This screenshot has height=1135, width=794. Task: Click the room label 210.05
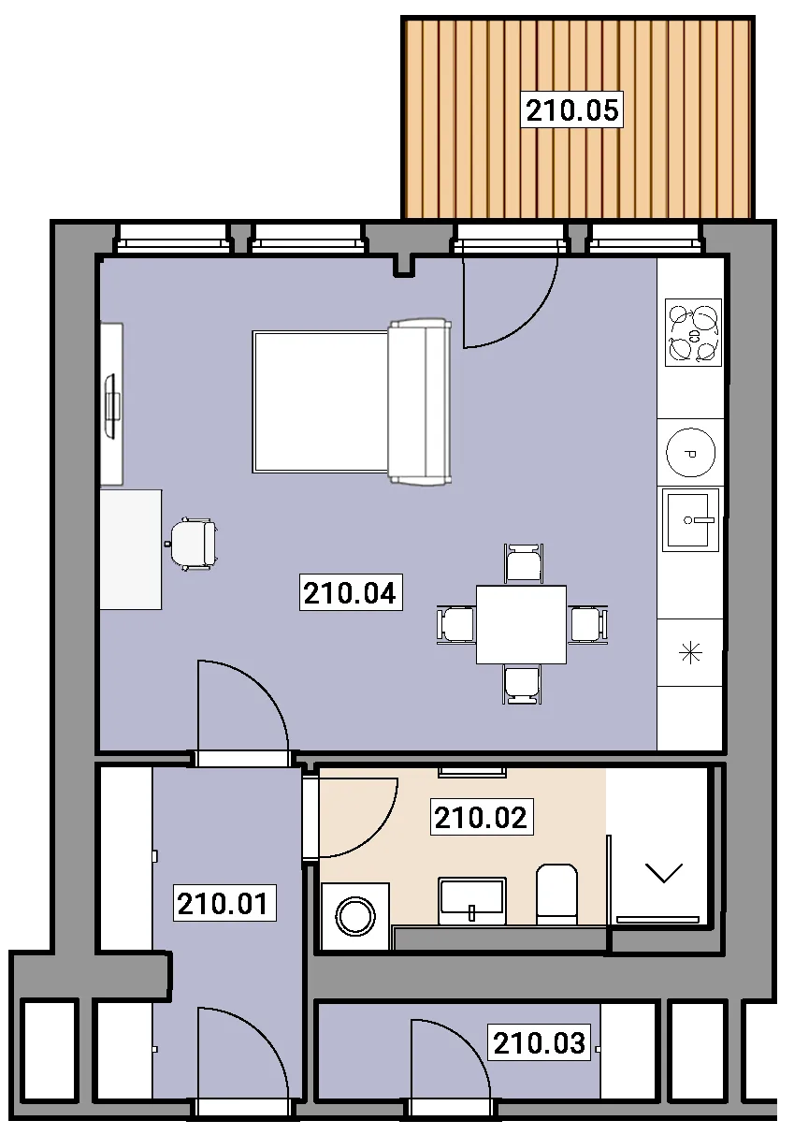tap(572, 109)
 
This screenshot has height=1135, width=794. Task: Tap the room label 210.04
tap(351, 592)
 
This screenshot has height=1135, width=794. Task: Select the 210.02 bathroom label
tap(482, 817)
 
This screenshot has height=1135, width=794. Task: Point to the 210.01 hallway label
tap(224, 902)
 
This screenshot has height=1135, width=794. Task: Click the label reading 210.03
tap(540, 1041)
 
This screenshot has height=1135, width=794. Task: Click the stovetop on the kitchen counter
tap(693, 332)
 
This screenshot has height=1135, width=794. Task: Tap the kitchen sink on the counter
tap(691, 520)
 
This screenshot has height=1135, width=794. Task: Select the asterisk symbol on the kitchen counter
tap(690, 652)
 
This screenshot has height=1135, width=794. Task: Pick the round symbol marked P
tap(691, 453)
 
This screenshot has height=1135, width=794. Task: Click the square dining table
tap(521, 625)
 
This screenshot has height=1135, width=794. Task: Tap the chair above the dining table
tap(524, 563)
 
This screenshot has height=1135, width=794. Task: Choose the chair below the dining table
tap(522, 685)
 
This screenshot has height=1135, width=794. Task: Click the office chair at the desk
tap(194, 545)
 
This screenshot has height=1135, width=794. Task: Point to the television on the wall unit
tap(112, 405)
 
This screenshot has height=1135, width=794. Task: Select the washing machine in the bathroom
tap(355, 916)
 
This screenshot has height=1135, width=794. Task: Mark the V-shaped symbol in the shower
tap(664, 873)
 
